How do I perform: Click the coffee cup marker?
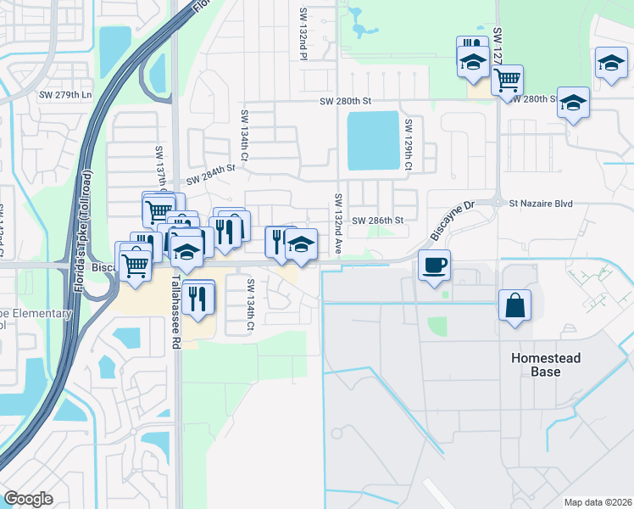click(434, 265)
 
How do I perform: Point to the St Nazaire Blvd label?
click(541, 204)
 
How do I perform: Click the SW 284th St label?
click(209, 175)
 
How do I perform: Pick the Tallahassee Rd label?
click(176, 310)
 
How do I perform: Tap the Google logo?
click(28, 499)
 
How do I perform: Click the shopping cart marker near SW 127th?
click(507, 81)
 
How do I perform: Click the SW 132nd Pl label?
click(303, 35)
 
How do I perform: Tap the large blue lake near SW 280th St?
click(373, 140)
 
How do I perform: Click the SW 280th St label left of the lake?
click(346, 102)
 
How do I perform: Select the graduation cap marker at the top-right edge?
click(610, 64)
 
